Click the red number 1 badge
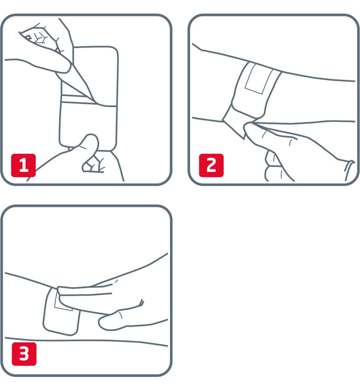pos(23,165)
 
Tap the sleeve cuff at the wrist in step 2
pos(348,169)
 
